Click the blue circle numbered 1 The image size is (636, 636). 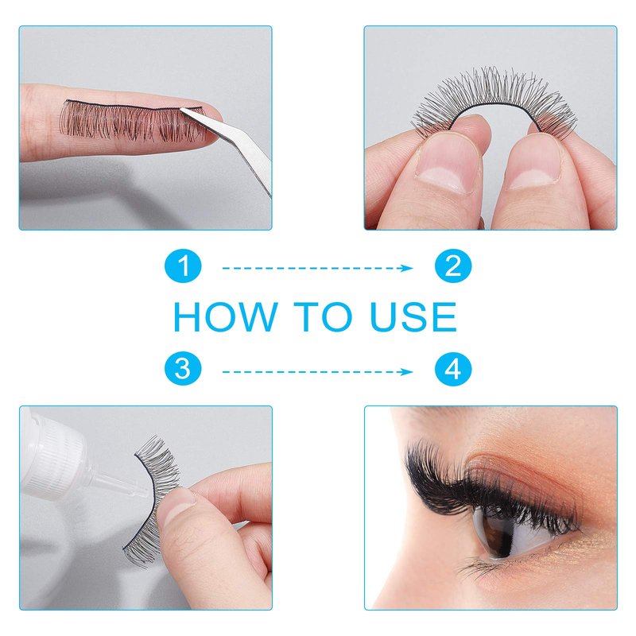[183, 267]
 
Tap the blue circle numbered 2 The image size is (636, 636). [453, 267]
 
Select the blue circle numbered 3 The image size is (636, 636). [183, 370]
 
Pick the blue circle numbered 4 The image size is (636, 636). [453, 370]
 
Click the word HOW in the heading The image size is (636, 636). [225, 316]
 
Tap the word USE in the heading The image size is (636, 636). [414, 316]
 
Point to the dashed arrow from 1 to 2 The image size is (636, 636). [317, 268]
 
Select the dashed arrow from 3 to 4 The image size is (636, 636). [317, 371]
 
